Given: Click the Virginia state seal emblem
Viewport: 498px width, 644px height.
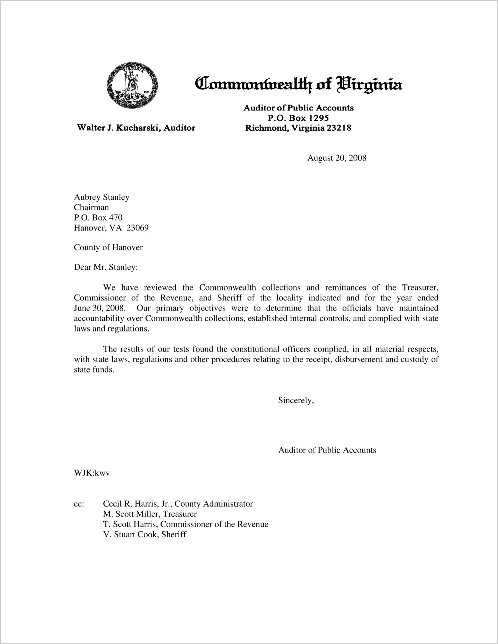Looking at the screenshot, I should pyautogui.click(x=132, y=85).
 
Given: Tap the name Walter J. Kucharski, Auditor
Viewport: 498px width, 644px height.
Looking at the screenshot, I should pyautogui.click(x=136, y=128).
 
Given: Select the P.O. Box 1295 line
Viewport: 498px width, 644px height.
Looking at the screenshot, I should pyautogui.click(x=298, y=118).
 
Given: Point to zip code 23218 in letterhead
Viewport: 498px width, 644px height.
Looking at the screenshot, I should pyautogui.click(x=338, y=128).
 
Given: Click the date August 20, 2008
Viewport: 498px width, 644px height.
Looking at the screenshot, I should pyautogui.click(x=337, y=158).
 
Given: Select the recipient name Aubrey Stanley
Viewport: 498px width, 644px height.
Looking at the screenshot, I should pyautogui.click(x=101, y=197).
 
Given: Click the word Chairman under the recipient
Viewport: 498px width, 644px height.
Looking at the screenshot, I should pyautogui.click(x=91, y=207).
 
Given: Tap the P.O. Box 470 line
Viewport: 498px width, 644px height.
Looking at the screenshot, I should pyautogui.click(x=98, y=217).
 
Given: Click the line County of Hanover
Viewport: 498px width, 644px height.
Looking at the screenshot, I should pyautogui.click(x=108, y=247).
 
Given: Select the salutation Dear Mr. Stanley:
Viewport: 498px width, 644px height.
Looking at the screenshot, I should pyautogui.click(x=106, y=267).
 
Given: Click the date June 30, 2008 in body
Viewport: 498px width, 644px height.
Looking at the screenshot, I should pyautogui.click(x=99, y=308).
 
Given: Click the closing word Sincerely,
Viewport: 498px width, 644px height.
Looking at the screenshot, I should pyautogui.click(x=296, y=401).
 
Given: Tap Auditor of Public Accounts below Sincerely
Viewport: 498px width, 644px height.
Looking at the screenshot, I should pyautogui.click(x=327, y=450).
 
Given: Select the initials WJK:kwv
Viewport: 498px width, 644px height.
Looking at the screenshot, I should pyautogui.click(x=92, y=473).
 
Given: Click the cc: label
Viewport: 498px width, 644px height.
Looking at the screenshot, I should pyautogui.click(x=79, y=504).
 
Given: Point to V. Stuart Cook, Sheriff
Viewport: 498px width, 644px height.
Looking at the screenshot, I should pyautogui.click(x=144, y=535).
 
